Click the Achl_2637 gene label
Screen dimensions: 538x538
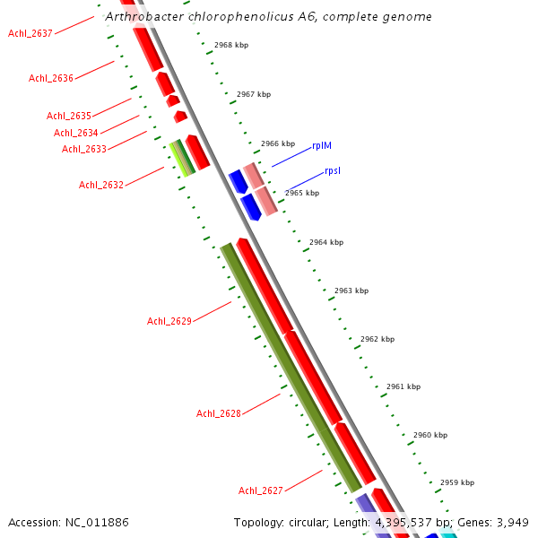tap(30, 33)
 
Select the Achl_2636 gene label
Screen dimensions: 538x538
tap(51, 78)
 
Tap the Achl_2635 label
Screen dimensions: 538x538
tap(69, 116)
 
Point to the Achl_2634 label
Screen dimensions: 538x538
tap(76, 133)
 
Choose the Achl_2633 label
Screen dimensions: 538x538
tap(84, 149)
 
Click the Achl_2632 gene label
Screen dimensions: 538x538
tap(101, 185)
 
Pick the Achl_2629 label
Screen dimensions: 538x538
tap(169, 321)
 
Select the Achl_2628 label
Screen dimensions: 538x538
tap(219, 413)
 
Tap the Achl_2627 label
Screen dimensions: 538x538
tap(261, 490)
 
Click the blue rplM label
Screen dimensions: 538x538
tap(323, 145)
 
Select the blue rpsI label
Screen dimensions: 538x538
tap(333, 170)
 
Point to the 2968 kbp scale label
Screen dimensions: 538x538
tap(231, 45)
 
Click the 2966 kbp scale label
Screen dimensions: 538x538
tap(278, 143)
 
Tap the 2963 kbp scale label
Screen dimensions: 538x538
tap(351, 291)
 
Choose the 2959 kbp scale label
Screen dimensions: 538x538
tap(457, 482)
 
